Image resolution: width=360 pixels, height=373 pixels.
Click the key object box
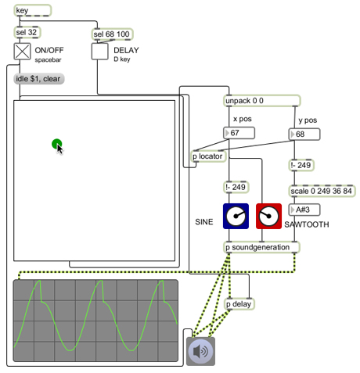click(33, 10)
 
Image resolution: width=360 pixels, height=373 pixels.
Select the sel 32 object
click(27, 32)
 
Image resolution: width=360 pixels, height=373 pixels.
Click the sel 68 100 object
click(112, 34)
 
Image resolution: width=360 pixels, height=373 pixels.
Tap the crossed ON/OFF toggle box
click(22, 52)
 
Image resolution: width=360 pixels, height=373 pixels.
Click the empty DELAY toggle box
click(99, 52)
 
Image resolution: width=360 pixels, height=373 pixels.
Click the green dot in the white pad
click(56, 144)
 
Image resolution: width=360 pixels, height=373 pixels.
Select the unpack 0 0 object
click(262, 101)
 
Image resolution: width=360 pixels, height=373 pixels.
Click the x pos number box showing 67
click(239, 133)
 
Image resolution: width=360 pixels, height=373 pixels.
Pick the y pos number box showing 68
click(304, 134)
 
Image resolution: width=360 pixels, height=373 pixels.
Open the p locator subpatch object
click(208, 156)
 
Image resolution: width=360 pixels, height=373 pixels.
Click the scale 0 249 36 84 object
click(322, 191)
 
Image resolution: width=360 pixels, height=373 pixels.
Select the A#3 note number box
click(304, 210)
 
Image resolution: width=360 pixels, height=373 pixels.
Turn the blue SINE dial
click(236, 217)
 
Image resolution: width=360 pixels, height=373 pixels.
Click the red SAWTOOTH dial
click(268, 217)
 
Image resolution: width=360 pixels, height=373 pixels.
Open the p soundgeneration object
click(262, 247)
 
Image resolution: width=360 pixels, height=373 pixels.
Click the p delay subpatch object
click(239, 304)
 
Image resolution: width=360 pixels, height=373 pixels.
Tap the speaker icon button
click(200, 351)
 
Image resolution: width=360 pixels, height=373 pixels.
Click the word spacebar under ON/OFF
click(48, 60)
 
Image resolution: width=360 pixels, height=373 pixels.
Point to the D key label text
click(122, 59)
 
